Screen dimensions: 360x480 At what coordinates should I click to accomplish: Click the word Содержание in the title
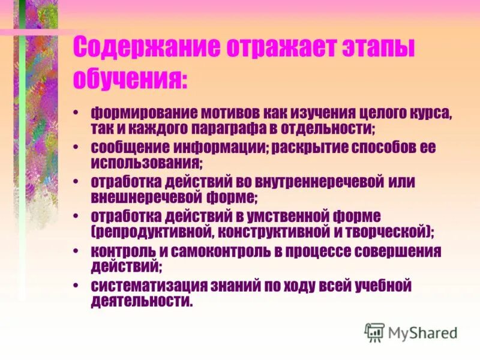[143, 49]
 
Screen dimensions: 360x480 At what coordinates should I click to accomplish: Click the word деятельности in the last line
[141, 301]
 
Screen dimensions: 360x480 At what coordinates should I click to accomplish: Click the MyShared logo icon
[375, 331]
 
